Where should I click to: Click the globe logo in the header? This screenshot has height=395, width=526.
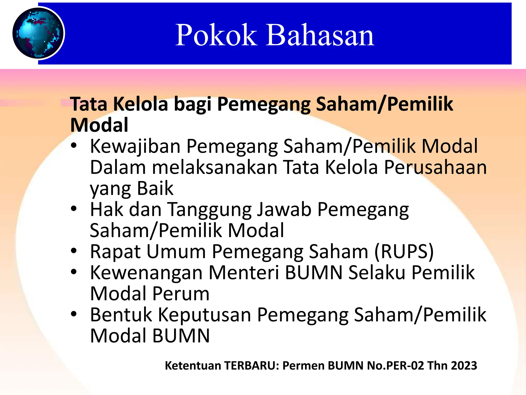tap(39, 33)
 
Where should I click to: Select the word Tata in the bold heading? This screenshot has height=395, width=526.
tap(88, 104)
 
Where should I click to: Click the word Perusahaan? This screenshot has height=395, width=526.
tap(435, 167)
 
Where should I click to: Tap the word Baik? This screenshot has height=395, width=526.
tap(155, 188)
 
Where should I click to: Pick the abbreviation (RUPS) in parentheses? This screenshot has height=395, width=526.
tap(404, 252)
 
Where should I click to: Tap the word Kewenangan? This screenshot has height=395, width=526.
tap(146, 273)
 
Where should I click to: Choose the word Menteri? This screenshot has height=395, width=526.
tap(243, 272)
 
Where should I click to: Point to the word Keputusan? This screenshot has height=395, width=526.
tap(204, 315)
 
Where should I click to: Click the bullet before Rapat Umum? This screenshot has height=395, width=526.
tap(74, 251)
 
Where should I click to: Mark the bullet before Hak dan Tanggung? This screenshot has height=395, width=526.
tap(74, 209)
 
